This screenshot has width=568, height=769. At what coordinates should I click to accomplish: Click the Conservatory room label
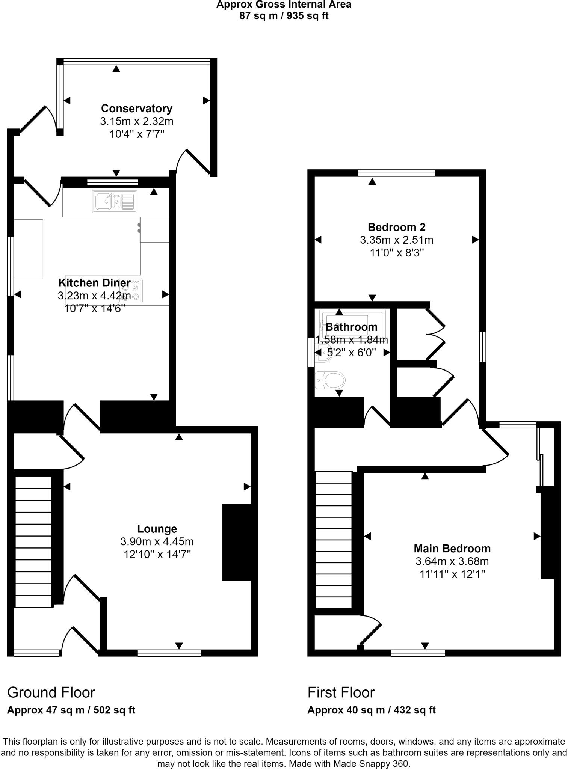coord(136,109)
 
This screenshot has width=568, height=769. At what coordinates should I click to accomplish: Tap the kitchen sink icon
coord(115,201)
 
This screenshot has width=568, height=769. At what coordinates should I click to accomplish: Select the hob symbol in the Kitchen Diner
coord(131,291)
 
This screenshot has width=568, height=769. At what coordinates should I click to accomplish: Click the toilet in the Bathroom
coord(331,380)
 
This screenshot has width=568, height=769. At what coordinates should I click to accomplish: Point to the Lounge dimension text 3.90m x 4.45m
coord(157,541)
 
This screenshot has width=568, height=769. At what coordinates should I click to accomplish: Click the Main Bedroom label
coord(452,549)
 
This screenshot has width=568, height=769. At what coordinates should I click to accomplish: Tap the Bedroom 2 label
coord(396,227)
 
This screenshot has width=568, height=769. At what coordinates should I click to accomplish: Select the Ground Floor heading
coord(51,692)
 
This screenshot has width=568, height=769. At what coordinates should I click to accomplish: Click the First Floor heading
coord(341,692)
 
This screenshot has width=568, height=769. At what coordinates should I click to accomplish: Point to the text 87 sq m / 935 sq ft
coord(284,16)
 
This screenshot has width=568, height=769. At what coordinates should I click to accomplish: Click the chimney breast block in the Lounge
coord(237,542)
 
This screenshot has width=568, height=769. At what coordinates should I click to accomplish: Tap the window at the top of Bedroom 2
coord(396,173)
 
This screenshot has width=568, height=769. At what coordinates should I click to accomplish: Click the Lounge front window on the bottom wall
coord(169,653)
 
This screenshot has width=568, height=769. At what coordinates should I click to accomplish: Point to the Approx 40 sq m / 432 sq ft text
coord(371,710)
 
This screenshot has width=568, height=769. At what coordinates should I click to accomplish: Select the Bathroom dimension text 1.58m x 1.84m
coord(351,340)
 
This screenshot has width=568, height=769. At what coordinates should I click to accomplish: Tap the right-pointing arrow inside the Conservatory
coord(206,100)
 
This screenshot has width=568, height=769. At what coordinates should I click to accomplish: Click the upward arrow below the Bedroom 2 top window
coord(372,182)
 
